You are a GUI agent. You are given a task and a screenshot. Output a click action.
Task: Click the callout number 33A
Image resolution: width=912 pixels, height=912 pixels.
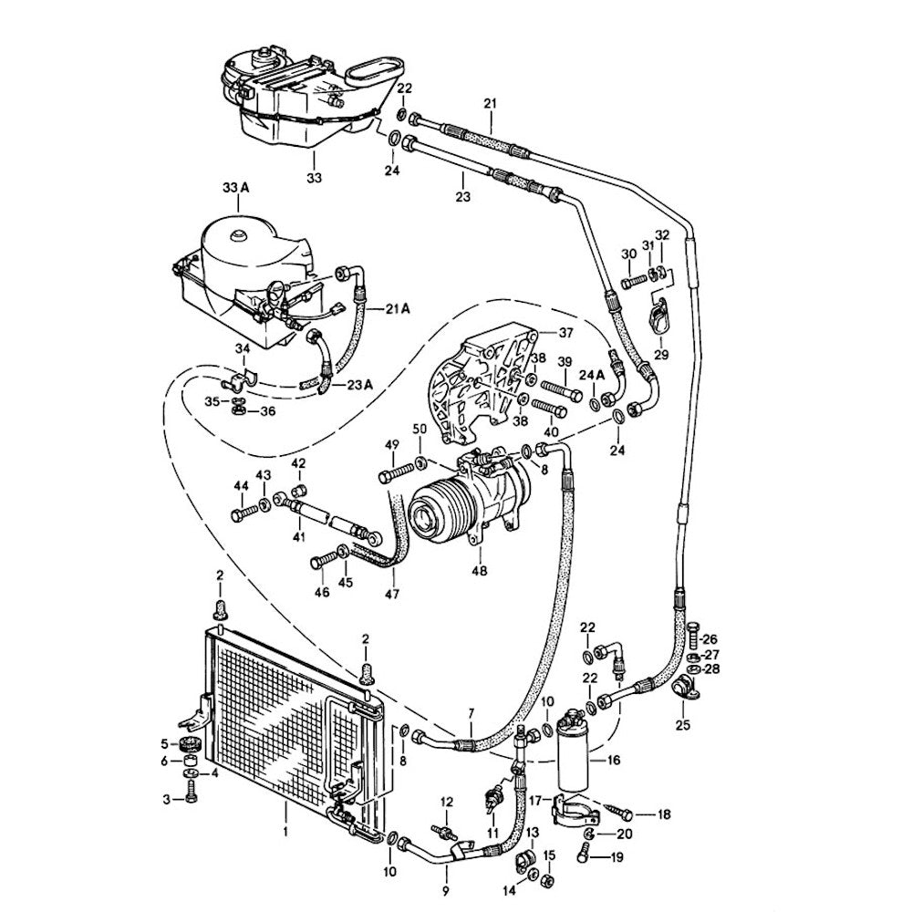(235, 188)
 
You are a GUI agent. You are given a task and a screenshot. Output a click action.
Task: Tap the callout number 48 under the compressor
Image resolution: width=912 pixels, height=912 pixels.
(480, 571)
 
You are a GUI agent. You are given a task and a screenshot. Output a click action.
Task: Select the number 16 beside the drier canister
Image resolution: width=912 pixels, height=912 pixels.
(612, 759)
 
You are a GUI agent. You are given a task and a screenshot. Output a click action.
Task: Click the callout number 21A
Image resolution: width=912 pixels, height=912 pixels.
(398, 310)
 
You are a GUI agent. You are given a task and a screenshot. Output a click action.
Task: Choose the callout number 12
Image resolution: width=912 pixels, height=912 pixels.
(447, 802)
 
